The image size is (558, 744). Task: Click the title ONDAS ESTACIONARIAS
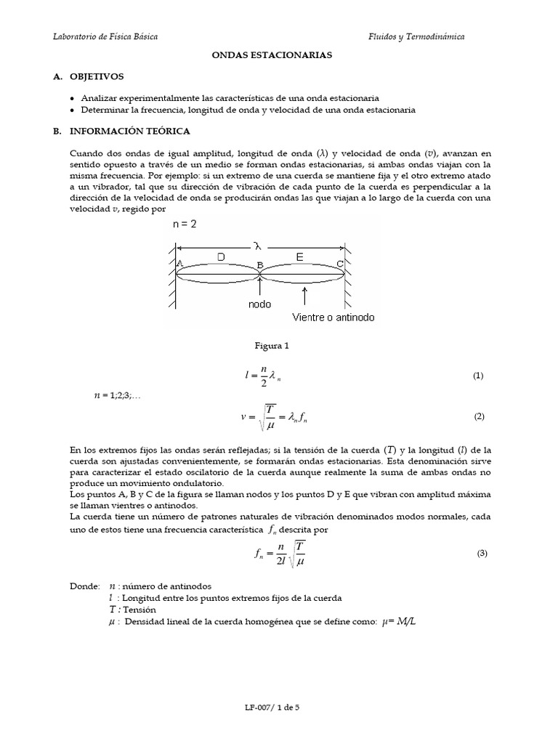tap(278, 54)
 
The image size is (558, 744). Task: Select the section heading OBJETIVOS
tap(97, 76)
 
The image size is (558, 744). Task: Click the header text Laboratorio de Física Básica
tap(105, 36)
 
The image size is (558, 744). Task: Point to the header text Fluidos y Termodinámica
tap(416, 36)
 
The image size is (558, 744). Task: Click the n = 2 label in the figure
tap(185, 225)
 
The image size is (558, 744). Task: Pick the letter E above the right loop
tap(299, 256)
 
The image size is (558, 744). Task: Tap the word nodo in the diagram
tap(260, 305)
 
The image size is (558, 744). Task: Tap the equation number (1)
tap(478, 376)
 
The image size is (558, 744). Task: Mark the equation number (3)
tap(482, 553)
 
